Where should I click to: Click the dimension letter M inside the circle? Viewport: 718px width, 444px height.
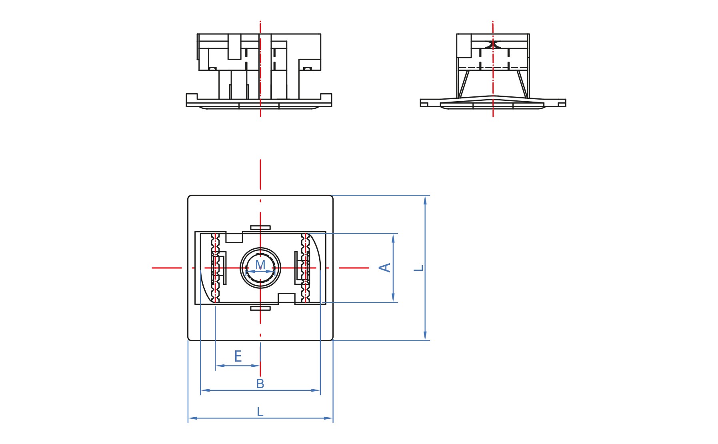[x=260, y=264]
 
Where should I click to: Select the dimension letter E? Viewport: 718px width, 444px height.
[x=238, y=356]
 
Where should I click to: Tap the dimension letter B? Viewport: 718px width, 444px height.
[x=260, y=384]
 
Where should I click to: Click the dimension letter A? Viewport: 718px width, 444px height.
[x=385, y=268]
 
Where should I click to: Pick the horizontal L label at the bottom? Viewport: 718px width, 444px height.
[x=260, y=412]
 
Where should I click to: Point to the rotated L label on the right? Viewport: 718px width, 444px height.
[x=418, y=268]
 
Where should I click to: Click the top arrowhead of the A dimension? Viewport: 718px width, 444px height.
[x=393, y=238]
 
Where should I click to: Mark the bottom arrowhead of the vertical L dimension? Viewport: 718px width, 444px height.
[x=425, y=336]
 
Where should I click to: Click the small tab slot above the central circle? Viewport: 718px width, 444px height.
[x=260, y=228]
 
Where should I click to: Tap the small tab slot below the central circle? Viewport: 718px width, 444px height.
[x=260, y=308]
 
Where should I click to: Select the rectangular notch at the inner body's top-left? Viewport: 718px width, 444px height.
[x=234, y=237]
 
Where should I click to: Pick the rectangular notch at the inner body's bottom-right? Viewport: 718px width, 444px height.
[x=286, y=298]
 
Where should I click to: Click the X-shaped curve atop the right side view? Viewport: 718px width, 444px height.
[x=493, y=44]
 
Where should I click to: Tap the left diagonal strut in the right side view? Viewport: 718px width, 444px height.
[x=464, y=84]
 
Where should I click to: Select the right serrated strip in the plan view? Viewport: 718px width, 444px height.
[x=305, y=268]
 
